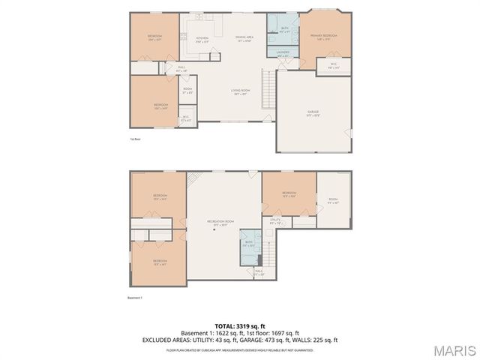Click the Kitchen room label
pos(202,39)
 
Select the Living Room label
pos(240,91)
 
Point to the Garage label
pos(312,113)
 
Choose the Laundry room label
pos(283,53)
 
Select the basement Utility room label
pos(275,221)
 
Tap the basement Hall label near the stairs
pos(259,273)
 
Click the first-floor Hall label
pos(181,68)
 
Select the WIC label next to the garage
pos(334,65)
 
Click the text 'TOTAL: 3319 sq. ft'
pos(239,326)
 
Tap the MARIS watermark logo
pos(454,349)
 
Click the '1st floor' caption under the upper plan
pos(133,139)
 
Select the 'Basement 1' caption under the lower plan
pos(135,298)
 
